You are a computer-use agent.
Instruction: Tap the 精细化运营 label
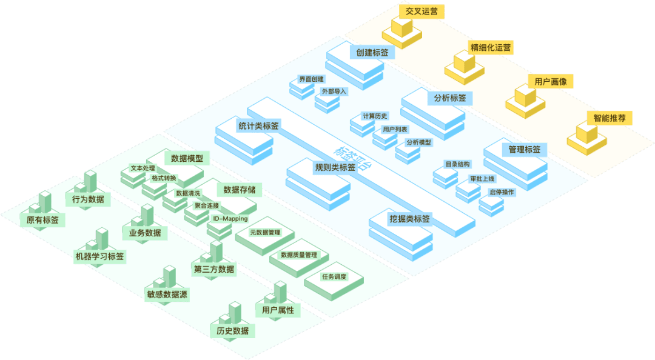tap(491, 47)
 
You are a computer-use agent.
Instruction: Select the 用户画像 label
tap(551, 82)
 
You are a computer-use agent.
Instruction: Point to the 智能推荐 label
tap(610, 118)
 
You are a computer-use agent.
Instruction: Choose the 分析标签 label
tap(450, 98)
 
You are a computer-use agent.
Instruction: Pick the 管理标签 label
tap(525, 148)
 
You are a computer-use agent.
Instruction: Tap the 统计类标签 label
tap(259, 126)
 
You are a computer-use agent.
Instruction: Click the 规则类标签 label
tap(335, 167)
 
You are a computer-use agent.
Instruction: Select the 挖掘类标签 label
tap(410, 219)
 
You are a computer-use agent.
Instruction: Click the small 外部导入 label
tap(335, 92)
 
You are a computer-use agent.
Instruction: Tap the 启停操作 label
tap(502, 192)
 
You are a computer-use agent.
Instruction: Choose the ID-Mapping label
tap(230, 219)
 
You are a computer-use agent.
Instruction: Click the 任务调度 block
tap(334, 277)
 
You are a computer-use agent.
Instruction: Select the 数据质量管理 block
tap(299, 255)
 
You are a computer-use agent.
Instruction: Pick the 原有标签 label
tap(43, 220)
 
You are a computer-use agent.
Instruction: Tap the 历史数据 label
tap(233, 331)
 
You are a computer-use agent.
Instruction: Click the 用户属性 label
tap(278, 310)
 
